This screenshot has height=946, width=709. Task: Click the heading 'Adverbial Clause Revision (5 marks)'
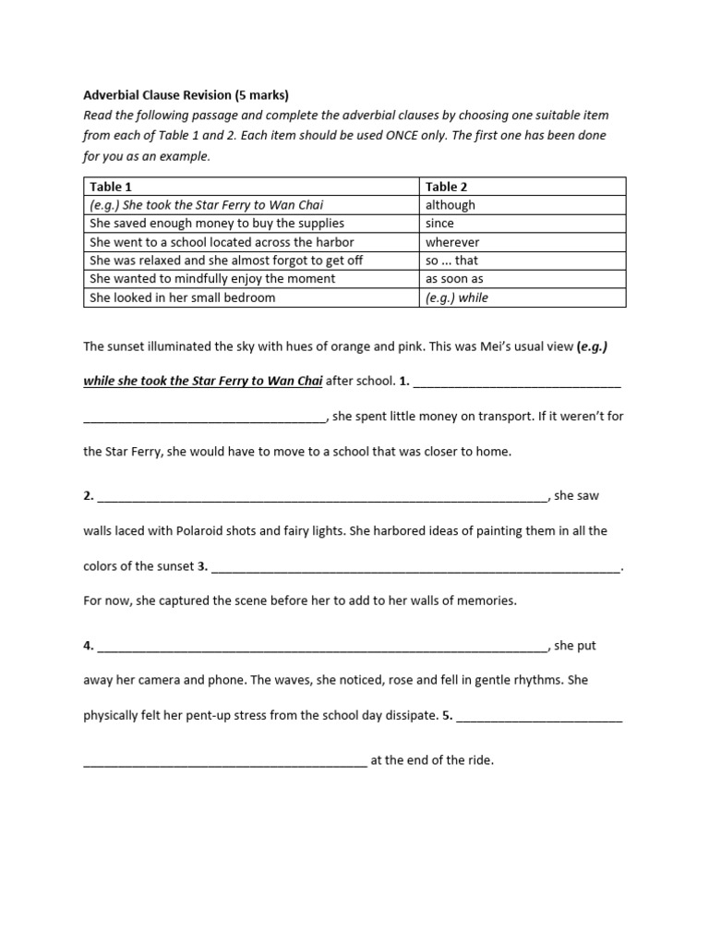click(186, 94)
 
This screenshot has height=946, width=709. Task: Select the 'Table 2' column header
click(447, 187)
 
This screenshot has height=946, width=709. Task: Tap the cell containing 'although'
click(451, 205)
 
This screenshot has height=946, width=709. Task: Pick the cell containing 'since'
click(439, 224)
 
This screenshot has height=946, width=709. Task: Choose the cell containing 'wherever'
click(451, 242)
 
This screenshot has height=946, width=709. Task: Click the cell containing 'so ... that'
click(451, 261)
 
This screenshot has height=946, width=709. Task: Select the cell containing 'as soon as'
click(454, 279)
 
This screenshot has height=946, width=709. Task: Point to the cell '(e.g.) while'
click(457, 297)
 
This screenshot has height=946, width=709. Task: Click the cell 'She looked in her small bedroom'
click(182, 297)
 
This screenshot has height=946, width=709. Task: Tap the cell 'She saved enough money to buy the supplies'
click(216, 224)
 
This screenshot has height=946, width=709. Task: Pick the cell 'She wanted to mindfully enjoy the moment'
click(211, 279)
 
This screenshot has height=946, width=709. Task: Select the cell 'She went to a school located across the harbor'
click(222, 242)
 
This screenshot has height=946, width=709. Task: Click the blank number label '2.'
click(89, 496)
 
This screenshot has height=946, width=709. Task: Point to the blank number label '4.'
click(89, 646)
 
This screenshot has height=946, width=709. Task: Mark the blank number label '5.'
click(447, 715)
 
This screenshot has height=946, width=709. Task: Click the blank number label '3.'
click(202, 566)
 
